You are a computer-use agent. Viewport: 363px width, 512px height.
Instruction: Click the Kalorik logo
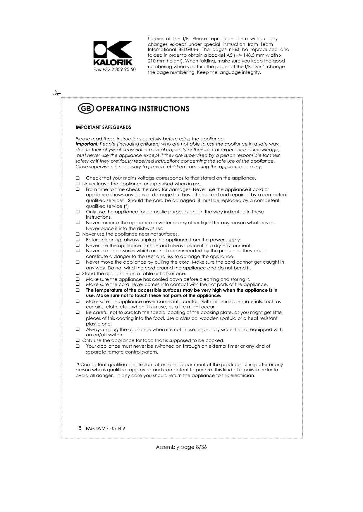[x=113, y=53]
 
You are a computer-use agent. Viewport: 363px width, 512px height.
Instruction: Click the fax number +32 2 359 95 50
[x=114, y=69]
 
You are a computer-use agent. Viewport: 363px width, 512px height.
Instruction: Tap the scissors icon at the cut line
[x=57, y=93]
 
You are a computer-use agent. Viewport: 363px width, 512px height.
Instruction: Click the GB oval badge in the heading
[x=86, y=109]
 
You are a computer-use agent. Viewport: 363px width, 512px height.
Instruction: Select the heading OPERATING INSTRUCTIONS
[x=142, y=109]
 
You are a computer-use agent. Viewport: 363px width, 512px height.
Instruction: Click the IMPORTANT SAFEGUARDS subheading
[x=103, y=127]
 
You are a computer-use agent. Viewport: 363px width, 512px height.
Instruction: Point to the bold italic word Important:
[x=87, y=144]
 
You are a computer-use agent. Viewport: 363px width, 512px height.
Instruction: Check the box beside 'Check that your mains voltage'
[x=78, y=178]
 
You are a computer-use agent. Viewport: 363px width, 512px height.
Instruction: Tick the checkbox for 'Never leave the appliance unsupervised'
[x=78, y=184]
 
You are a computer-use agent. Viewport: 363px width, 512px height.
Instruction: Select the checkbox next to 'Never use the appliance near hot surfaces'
[x=78, y=234]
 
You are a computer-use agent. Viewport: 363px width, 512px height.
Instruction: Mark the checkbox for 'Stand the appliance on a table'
[x=78, y=274]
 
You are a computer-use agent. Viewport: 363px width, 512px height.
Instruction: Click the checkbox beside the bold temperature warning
[x=78, y=290]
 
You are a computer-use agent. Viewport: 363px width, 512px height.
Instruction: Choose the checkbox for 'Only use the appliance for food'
[x=78, y=340]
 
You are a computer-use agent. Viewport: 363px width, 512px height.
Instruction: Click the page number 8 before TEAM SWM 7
[x=80, y=428]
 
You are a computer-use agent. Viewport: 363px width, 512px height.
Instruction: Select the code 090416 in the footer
[x=118, y=429]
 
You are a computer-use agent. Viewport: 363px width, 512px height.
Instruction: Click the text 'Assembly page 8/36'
[x=181, y=447]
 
